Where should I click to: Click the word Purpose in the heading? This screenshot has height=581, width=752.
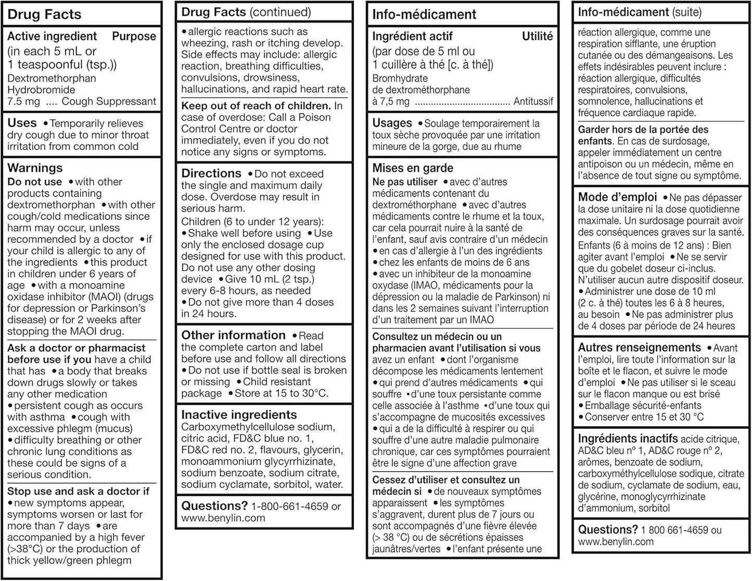pyautogui.click(x=134, y=36)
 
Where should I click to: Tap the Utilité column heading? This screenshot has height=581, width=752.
pyautogui.click(x=537, y=36)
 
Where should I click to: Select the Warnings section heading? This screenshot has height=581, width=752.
pyautogui.click(x=35, y=168)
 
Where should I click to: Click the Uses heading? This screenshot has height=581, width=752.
pyautogui.click(x=22, y=123)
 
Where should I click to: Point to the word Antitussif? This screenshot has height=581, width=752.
pyautogui.click(x=533, y=101)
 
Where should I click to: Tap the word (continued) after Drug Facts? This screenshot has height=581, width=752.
pyautogui.click(x=280, y=12)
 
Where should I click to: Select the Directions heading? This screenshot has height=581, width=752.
pyautogui.click(x=211, y=173)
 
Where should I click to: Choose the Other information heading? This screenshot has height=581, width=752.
pyautogui.click(x=233, y=335)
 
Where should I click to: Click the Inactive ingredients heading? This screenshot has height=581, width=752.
pyautogui.click(x=239, y=415)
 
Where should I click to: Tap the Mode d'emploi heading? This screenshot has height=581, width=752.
pyautogui.click(x=618, y=197)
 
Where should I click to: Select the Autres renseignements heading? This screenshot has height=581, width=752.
pyautogui.click(x=640, y=347)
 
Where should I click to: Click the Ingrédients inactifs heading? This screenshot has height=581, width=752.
pyautogui.click(x=628, y=438)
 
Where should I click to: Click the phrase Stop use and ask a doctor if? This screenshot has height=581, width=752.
pyautogui.click(x=78, y=491)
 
